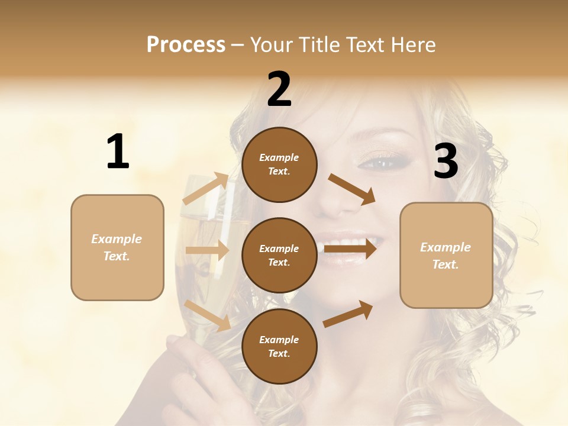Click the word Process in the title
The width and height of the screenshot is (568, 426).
click(x=186, y=44)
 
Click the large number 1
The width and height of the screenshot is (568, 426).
click(x=118, y=151)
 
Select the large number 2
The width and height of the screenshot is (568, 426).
click(x=279, y=89)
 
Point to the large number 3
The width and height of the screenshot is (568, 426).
click(x=446, y=161)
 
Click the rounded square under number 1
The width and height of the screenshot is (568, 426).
click(x=117, y=247)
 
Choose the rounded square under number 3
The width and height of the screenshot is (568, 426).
click(x=446, y=255)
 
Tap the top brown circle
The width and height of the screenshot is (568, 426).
click(x=279, y=164)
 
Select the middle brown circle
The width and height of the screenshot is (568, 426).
click(x=279, y=255)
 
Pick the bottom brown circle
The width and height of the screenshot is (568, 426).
click(x=279, y=346)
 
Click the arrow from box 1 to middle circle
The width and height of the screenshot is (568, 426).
click(x=207, y=250)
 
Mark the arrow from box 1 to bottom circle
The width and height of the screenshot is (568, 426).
click(x=208, y=315)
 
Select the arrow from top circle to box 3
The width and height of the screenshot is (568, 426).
click(x=353, y=189)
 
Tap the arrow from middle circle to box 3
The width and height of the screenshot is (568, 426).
click(x=350, y=248)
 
